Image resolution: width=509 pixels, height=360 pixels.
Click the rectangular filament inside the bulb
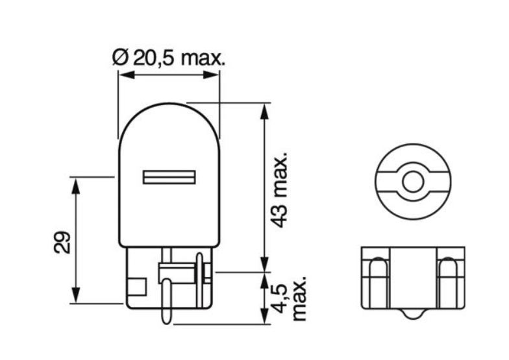pos(169,177)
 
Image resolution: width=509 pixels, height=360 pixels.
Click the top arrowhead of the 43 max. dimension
pos(264,110)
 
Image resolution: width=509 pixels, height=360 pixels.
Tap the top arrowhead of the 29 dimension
pos(76,184)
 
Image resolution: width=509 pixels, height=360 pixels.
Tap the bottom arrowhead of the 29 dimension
pos(76,295)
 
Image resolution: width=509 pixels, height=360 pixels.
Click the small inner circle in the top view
pos(412,181)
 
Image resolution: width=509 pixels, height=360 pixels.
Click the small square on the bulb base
pos(137,285)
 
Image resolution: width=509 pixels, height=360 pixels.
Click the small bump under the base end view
pos(412,313)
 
